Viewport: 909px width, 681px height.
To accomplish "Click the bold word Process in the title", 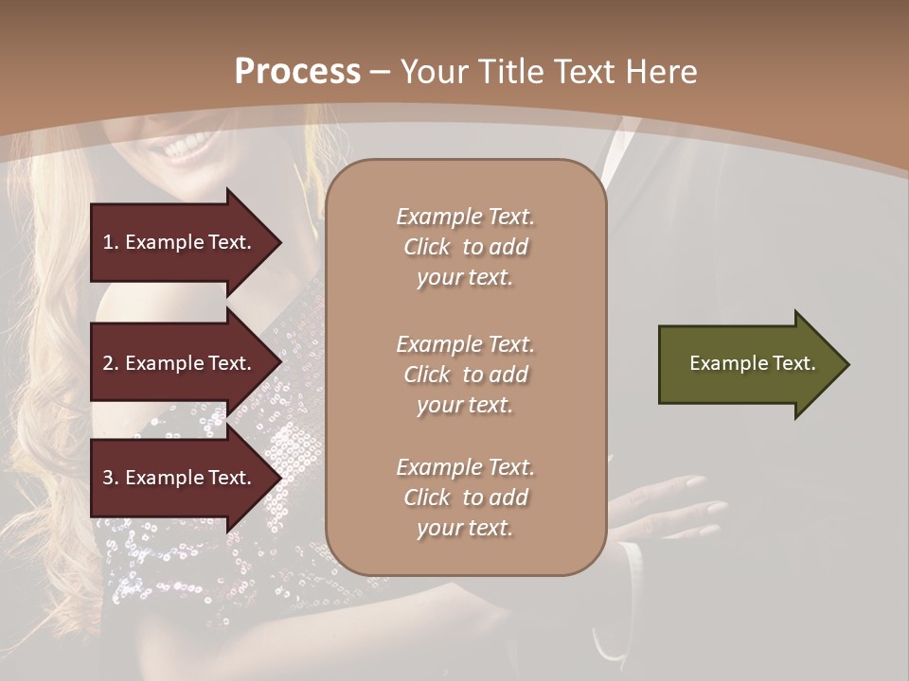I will pyautogui.click(x=297, y=72).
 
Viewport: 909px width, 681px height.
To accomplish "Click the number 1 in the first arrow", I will pyautogui.click(x=108, y=242).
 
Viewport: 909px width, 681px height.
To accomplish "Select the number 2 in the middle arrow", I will pyautogui.click(x=108, y=363).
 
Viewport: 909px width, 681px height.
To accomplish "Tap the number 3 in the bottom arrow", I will pyautogui.click(x=108, y=479).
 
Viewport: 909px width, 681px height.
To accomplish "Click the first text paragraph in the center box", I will pyautogui.click(x=465, y=247).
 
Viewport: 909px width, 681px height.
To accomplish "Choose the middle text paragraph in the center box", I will pyautogui.click(x=465, y=375).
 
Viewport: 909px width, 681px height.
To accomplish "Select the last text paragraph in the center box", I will pyautogui.click(x=465, y=498).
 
